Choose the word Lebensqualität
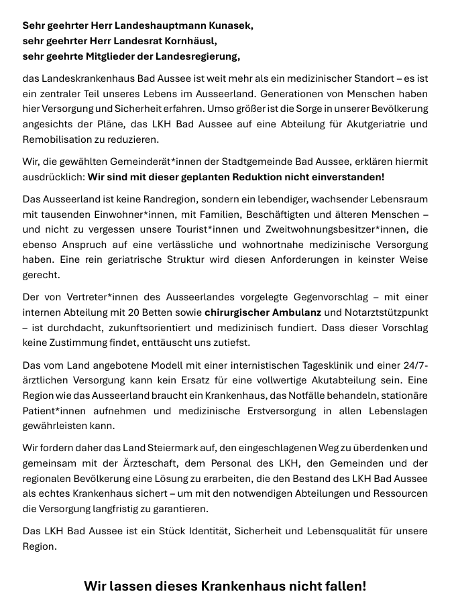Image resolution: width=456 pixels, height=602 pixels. tap(321, 531)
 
